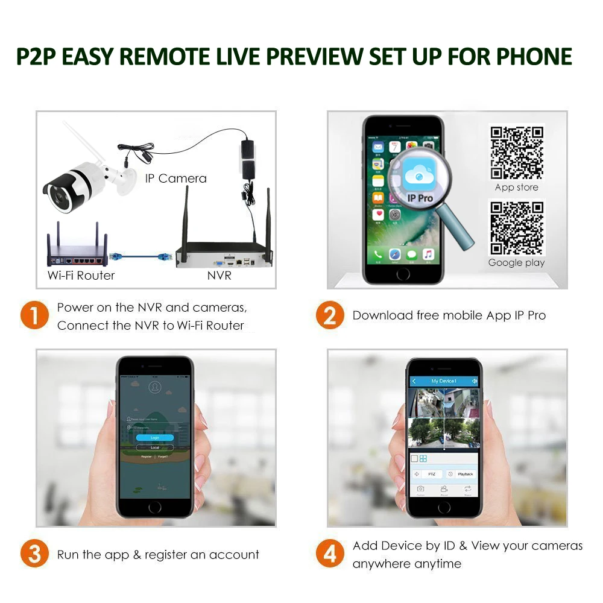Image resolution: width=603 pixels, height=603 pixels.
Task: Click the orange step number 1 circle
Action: click(x=34, y=316)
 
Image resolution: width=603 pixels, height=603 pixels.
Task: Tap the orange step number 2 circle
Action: click(x=330, y=316)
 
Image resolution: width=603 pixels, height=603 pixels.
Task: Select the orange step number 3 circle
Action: click(x=34, y=554)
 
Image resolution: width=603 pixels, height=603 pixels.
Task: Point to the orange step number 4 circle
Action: click(x=330, y=554)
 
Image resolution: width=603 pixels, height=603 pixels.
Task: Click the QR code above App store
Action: click(x=516, y=153)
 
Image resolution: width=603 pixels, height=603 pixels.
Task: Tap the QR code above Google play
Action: click(x=516, y=227)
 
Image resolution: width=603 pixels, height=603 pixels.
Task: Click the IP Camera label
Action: click(x=175, y=178)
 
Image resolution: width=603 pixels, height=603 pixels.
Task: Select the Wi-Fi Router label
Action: click(x=81, y=276)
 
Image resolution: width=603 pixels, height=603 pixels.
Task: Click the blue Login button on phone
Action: click(x=155, y=437)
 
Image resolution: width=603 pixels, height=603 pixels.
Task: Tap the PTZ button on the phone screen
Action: click(x=433, y=475)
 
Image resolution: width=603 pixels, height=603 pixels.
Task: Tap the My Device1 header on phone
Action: click(x=444, y=381)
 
